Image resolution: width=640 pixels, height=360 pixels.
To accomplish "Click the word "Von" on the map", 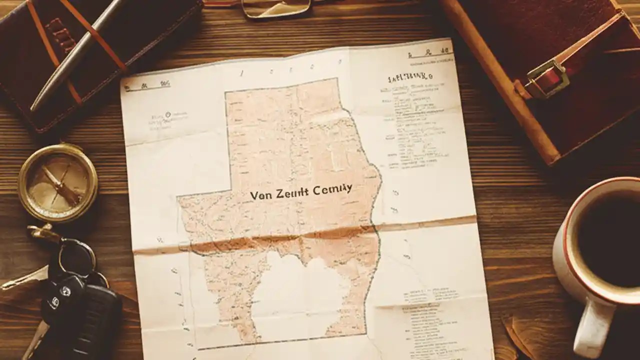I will [x=260, y=195].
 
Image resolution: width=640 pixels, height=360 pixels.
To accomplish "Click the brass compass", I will [x=57, y=182].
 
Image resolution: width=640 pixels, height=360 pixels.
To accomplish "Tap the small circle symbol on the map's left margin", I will [x=168, y=114].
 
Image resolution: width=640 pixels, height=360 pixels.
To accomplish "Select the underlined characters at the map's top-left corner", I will [x=147, y=85].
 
